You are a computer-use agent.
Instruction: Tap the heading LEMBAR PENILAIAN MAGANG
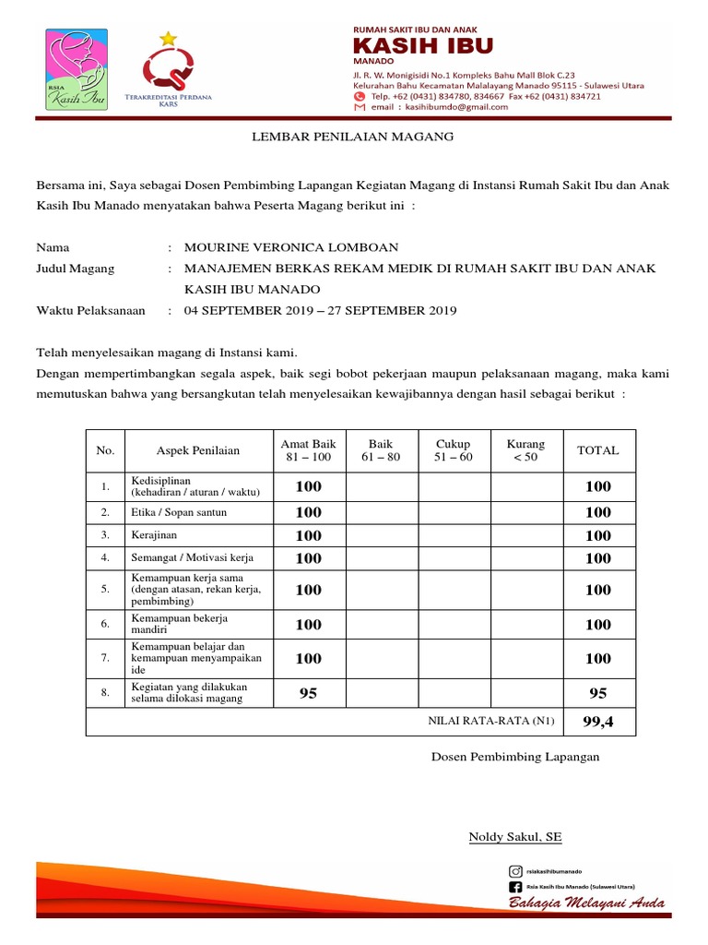pos(354,138)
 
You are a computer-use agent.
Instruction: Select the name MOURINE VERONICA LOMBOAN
pos(291,247)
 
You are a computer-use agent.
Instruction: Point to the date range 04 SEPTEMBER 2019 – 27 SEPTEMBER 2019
pos(321,311)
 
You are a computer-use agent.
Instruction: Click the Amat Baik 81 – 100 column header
pos(308,450)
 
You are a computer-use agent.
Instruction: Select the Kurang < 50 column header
pos(525,450)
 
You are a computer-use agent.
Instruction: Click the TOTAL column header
pos(597,450)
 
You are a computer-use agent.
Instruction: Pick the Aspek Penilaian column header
pos(197,450)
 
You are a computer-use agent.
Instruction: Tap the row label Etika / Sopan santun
pos(179,512)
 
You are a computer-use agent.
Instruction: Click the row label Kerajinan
pos(153,535)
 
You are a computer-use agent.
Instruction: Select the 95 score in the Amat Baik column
pos(308,693)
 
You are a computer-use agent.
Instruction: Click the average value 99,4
pos(597,722)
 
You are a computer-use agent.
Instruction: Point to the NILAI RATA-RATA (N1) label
pos(490,722)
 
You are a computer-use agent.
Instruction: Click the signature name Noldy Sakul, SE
pos(515,837)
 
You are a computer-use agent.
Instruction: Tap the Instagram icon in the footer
pos(515,871)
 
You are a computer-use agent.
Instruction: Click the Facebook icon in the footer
pos(515,887)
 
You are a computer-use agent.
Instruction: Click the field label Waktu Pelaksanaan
pos(90,311)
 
